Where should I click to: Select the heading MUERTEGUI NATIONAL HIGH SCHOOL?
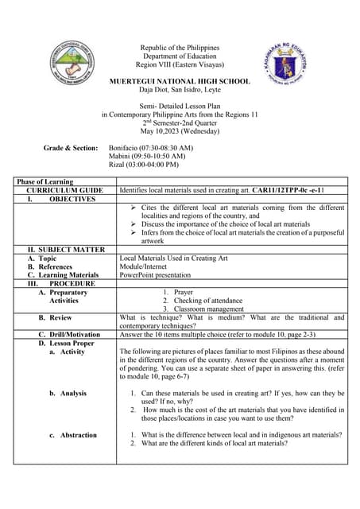tap(179, 81)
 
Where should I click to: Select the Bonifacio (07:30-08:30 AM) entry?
tap(150, 148)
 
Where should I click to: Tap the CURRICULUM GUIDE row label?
tap(64, 191)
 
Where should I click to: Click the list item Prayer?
tap(183, 292)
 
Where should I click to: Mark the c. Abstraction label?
tap(76, 435)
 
